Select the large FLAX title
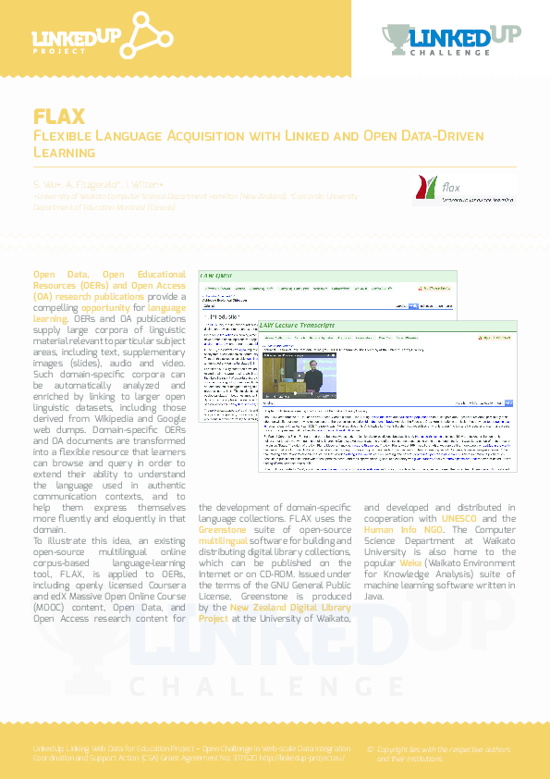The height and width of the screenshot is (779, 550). click(x=59, y=117)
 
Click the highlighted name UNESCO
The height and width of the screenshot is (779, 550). click(x=459, y=519)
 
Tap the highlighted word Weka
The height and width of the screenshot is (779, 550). click(x=409, y=563)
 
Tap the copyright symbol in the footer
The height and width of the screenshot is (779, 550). click(x=371, y=748)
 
